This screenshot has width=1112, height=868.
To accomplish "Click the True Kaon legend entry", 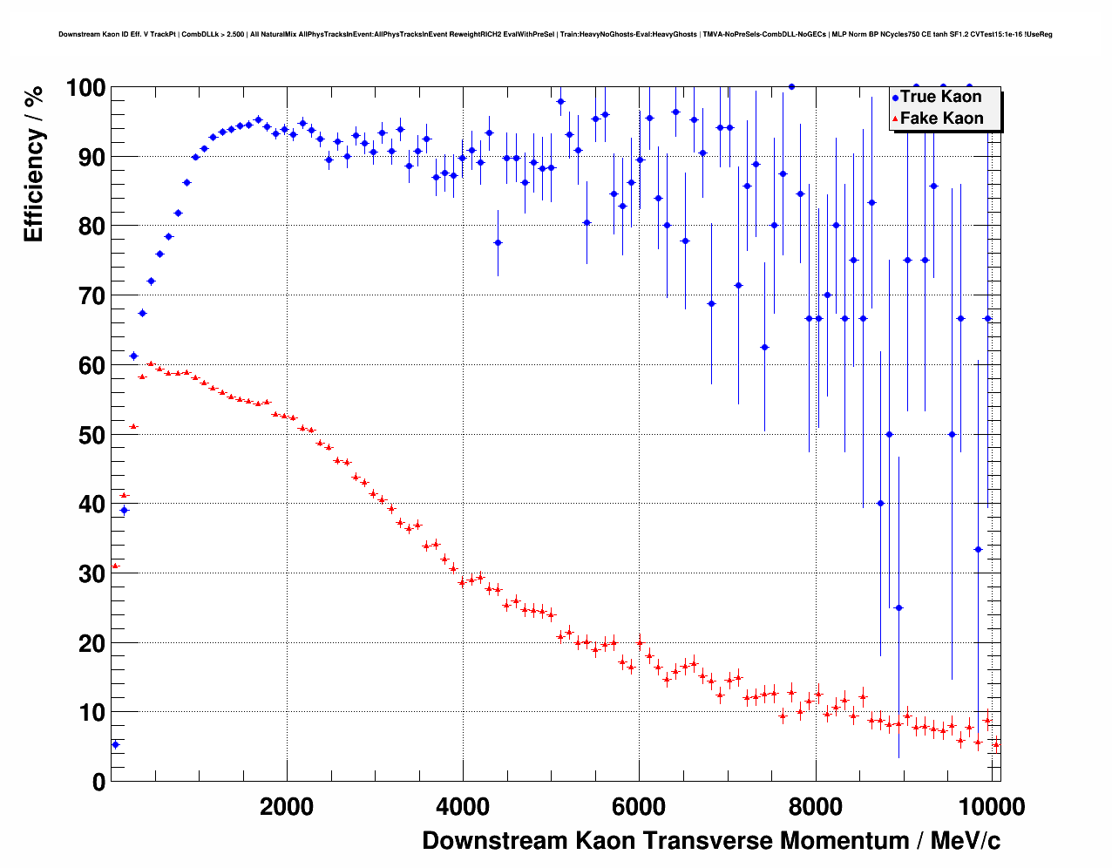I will click(x=940, y=97).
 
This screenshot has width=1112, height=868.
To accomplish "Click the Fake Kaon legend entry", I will click(x=941, y=119).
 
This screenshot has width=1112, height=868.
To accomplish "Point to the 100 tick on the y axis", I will click(x=85, y=88).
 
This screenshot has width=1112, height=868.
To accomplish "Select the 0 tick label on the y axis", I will click(x=98, y=782).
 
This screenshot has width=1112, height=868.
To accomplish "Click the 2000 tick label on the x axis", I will click(x=286, y=806).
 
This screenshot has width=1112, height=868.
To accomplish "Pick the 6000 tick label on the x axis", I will click(x=639, y=806).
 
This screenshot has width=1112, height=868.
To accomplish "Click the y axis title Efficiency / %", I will click(x=33, y=164).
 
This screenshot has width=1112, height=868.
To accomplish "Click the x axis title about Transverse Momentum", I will click(x=711, y=841).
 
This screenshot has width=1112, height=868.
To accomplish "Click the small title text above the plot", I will click(x=555, y=35).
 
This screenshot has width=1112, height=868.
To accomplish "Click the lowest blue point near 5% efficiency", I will click(x=115, y=744).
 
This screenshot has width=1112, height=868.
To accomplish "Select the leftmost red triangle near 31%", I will click(x=115, y=566).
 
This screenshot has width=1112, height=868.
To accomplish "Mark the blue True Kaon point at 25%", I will click(x=898, y=607).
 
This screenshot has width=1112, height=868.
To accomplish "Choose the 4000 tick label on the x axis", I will click(x=463, y=806).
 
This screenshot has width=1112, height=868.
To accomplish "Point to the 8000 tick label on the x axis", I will click(x=816, y=806).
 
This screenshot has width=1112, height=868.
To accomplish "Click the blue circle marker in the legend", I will click(x=895, y=98).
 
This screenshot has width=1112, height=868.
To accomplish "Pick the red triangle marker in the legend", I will click(x=895, y=119).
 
